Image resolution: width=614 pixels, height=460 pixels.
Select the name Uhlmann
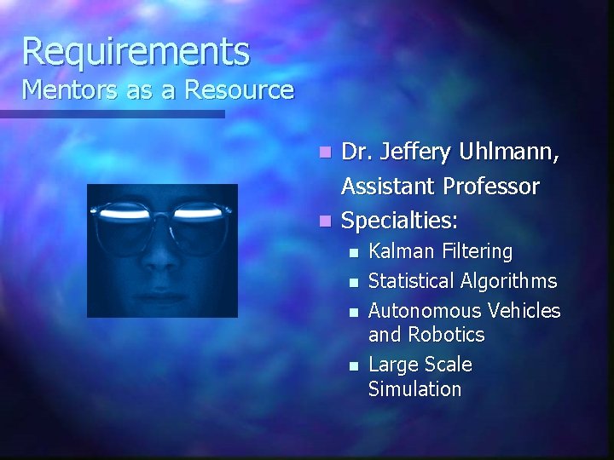tap(511, 154)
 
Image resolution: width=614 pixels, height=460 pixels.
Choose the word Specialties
tap(399, 220)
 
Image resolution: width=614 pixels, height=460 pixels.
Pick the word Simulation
tap(414, 389)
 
